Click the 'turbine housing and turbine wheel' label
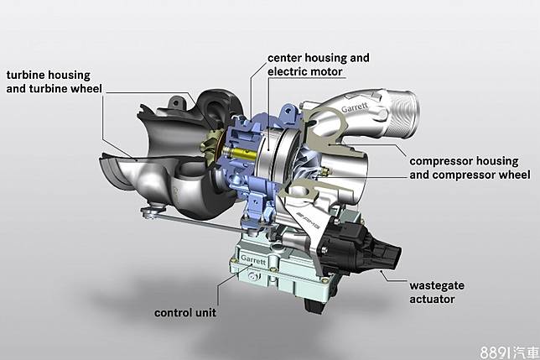(x=54, y=81)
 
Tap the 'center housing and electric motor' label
(x=319, y=65)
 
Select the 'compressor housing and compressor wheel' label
(x=470, y=168)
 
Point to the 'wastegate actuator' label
(x=437, y=292)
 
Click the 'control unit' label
(x=185, y=313)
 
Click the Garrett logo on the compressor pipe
(x=355, y=107)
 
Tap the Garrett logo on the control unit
(x=253, y=259)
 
